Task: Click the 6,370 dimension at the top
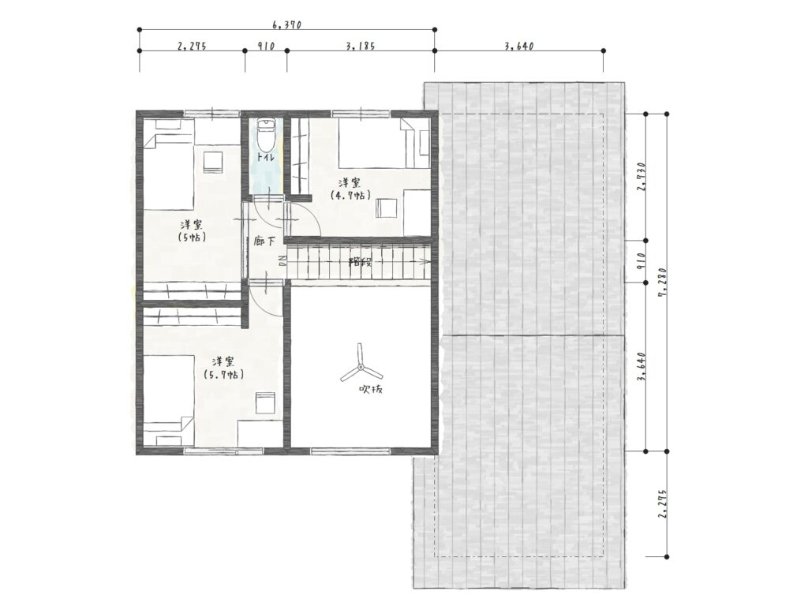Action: [286, 24]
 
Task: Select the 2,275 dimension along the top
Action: [192, 46]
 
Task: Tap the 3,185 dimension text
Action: [361, 46]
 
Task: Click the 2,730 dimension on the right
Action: [641, 177]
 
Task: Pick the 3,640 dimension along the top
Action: [519, 46]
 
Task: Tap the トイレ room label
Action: [265, 157]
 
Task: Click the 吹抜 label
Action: [371, 390]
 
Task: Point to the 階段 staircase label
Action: [361, 261]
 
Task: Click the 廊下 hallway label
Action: [264, 241]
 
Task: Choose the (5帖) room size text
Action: [192, 238]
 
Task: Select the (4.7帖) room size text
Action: [351, 196]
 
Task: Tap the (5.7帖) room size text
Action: [224, 375]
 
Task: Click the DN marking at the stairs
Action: [282, 260]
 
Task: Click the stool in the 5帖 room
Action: [213, 162]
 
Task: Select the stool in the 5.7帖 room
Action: [265, 402]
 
